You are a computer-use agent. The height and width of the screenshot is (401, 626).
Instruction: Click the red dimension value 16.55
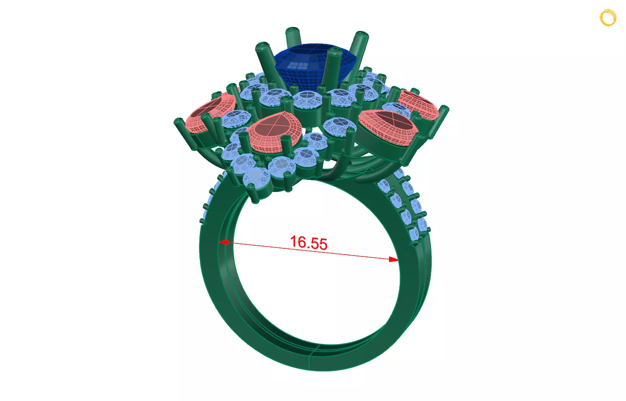tap(308, 243)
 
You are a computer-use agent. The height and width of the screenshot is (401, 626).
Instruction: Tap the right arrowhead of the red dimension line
tap(393, 259)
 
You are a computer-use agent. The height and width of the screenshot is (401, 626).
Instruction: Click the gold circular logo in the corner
tap(608, 18)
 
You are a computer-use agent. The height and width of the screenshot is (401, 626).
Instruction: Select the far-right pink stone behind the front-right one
tap(417, 104)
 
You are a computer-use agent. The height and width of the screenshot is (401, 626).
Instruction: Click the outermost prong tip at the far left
tap(178, 123)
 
